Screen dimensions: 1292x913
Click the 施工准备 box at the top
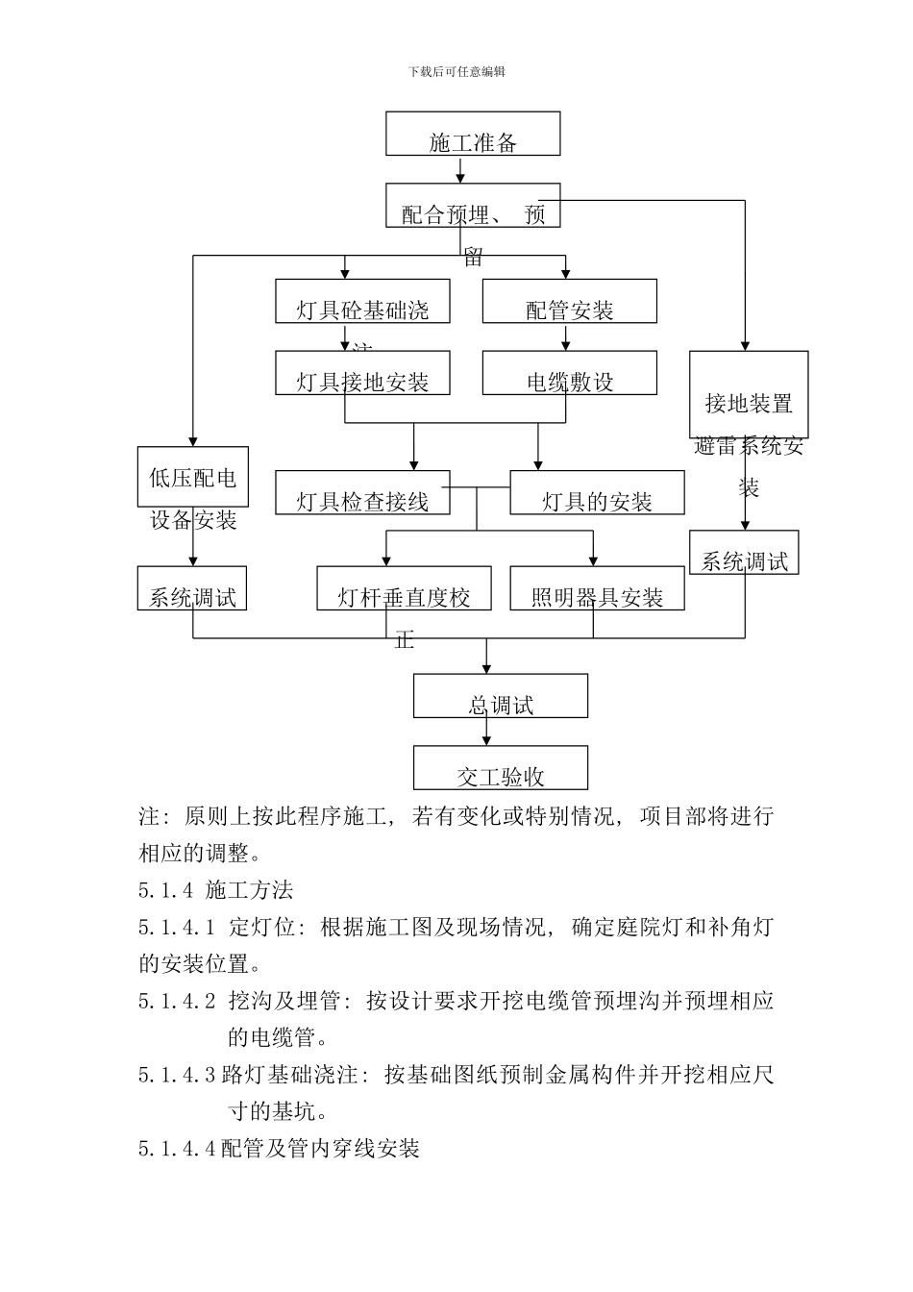pos(473,134)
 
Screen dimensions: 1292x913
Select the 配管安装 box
pos(569,301)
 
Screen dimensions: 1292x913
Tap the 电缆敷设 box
pos(569,373)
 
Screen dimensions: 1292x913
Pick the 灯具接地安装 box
pos(362,373)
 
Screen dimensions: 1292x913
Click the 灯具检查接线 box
pos(362,492)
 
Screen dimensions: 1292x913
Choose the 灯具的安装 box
pos(597,492)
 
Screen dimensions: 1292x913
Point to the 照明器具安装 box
pos(597,588)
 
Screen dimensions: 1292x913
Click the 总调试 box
pos(500,695)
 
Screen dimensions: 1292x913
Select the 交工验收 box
pos(500,767)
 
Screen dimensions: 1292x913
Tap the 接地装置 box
pos(749,394)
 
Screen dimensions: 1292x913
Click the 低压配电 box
pos(192,477)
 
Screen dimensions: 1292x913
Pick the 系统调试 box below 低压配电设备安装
pos(192,588)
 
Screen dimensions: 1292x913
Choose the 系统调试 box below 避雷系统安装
pos(744,553)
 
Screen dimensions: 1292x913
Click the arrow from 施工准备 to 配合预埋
pos(461,170)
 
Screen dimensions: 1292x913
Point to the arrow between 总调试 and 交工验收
pos(486,732)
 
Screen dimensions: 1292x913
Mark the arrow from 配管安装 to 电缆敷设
pos(565,337)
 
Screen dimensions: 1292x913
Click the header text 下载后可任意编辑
pos(456,71)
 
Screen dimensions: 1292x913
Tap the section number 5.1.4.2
pos(177,1001)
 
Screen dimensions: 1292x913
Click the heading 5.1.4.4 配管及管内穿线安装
pos(279,1148)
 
